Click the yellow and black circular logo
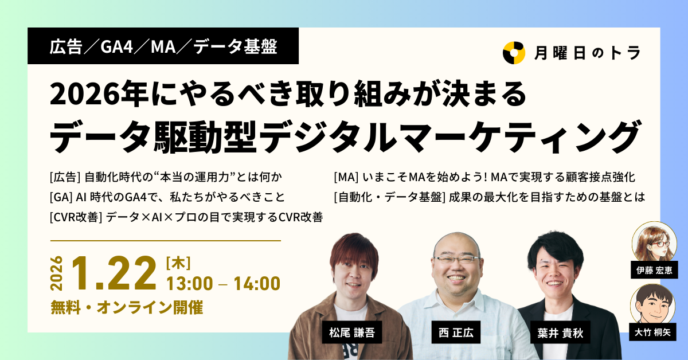point(514,53)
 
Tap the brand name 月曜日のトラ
point(587,53)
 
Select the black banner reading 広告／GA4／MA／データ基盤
point(163,46)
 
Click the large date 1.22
point(114,274)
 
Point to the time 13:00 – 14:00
point(223,283)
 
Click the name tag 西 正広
point(452,332)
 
